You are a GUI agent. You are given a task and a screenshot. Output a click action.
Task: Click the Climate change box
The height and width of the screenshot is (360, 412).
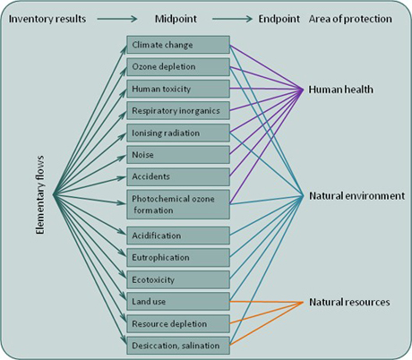point(178,45)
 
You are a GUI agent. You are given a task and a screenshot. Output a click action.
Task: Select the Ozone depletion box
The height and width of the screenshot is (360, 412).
point(178,66)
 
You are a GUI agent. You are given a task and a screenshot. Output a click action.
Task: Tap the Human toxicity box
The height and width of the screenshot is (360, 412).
point(178,89)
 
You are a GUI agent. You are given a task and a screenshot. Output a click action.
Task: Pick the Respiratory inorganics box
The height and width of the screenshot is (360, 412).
point(178,111)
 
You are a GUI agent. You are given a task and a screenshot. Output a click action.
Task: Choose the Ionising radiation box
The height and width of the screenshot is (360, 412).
point(178,133)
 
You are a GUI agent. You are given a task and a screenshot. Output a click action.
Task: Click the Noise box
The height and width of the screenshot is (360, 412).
point(178,155)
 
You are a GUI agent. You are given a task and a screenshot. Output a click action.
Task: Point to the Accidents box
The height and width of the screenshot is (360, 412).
point(178,176)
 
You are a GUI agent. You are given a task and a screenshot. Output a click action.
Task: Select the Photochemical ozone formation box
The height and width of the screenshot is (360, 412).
point(178,204)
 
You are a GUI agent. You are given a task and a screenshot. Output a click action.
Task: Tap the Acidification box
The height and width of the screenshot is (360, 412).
point(178,236)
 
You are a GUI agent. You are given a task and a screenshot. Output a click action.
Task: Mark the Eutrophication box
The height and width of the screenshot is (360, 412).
point(178,257)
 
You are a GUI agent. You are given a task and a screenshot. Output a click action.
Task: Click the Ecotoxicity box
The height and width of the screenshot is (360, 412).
point(178,279)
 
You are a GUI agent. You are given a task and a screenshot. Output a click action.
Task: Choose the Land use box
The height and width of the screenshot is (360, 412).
point(178,302)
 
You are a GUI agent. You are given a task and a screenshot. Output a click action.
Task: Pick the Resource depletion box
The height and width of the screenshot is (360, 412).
point(178,323)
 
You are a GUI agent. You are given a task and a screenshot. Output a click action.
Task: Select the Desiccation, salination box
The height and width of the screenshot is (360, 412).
point(178,346)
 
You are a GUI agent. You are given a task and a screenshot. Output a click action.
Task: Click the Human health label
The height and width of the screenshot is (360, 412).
point(341,90)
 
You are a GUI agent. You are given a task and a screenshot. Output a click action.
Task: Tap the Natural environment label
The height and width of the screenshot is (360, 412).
point(357,196)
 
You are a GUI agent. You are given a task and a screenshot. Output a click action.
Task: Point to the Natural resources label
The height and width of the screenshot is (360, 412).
point(349,302)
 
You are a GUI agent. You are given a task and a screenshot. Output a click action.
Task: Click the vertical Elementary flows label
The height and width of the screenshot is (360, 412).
point(40,195)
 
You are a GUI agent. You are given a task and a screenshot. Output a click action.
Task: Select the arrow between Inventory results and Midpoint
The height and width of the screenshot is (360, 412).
point(117,19)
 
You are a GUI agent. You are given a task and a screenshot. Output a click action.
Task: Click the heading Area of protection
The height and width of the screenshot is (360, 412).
point(350,19)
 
